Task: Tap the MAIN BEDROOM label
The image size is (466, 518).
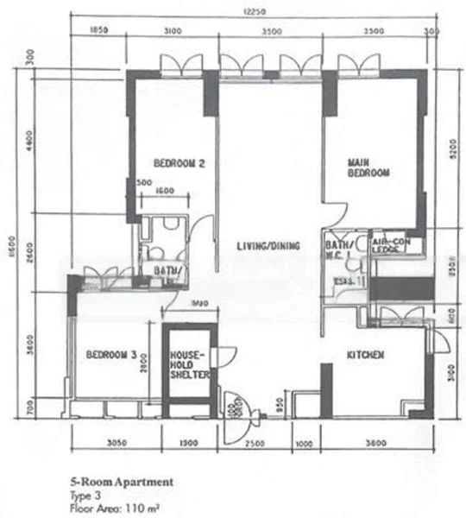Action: pyautogui.click(x=368, y=167)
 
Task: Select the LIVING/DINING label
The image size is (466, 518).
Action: pyautogui.click(x=268, y=248)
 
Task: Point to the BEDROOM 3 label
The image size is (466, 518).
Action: pyautogui.click(x=110, y=355)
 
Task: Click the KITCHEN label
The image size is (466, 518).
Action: pyautogui.click(x=365, y=356)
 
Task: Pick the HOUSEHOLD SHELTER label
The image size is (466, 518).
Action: pyautogui.click(x=186, y=366)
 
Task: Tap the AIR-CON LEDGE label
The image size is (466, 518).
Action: pyautogui.click(x=391, y=245)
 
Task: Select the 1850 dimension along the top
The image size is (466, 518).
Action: pyautogui.click(x=100, y=31)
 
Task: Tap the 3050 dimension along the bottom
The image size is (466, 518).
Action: pyautogui.click(x=116, y=445)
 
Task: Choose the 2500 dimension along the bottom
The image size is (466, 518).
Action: pyautogui.click(x=253, y=445)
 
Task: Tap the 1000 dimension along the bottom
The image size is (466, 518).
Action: pyautogui.click(x=304, y=445)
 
